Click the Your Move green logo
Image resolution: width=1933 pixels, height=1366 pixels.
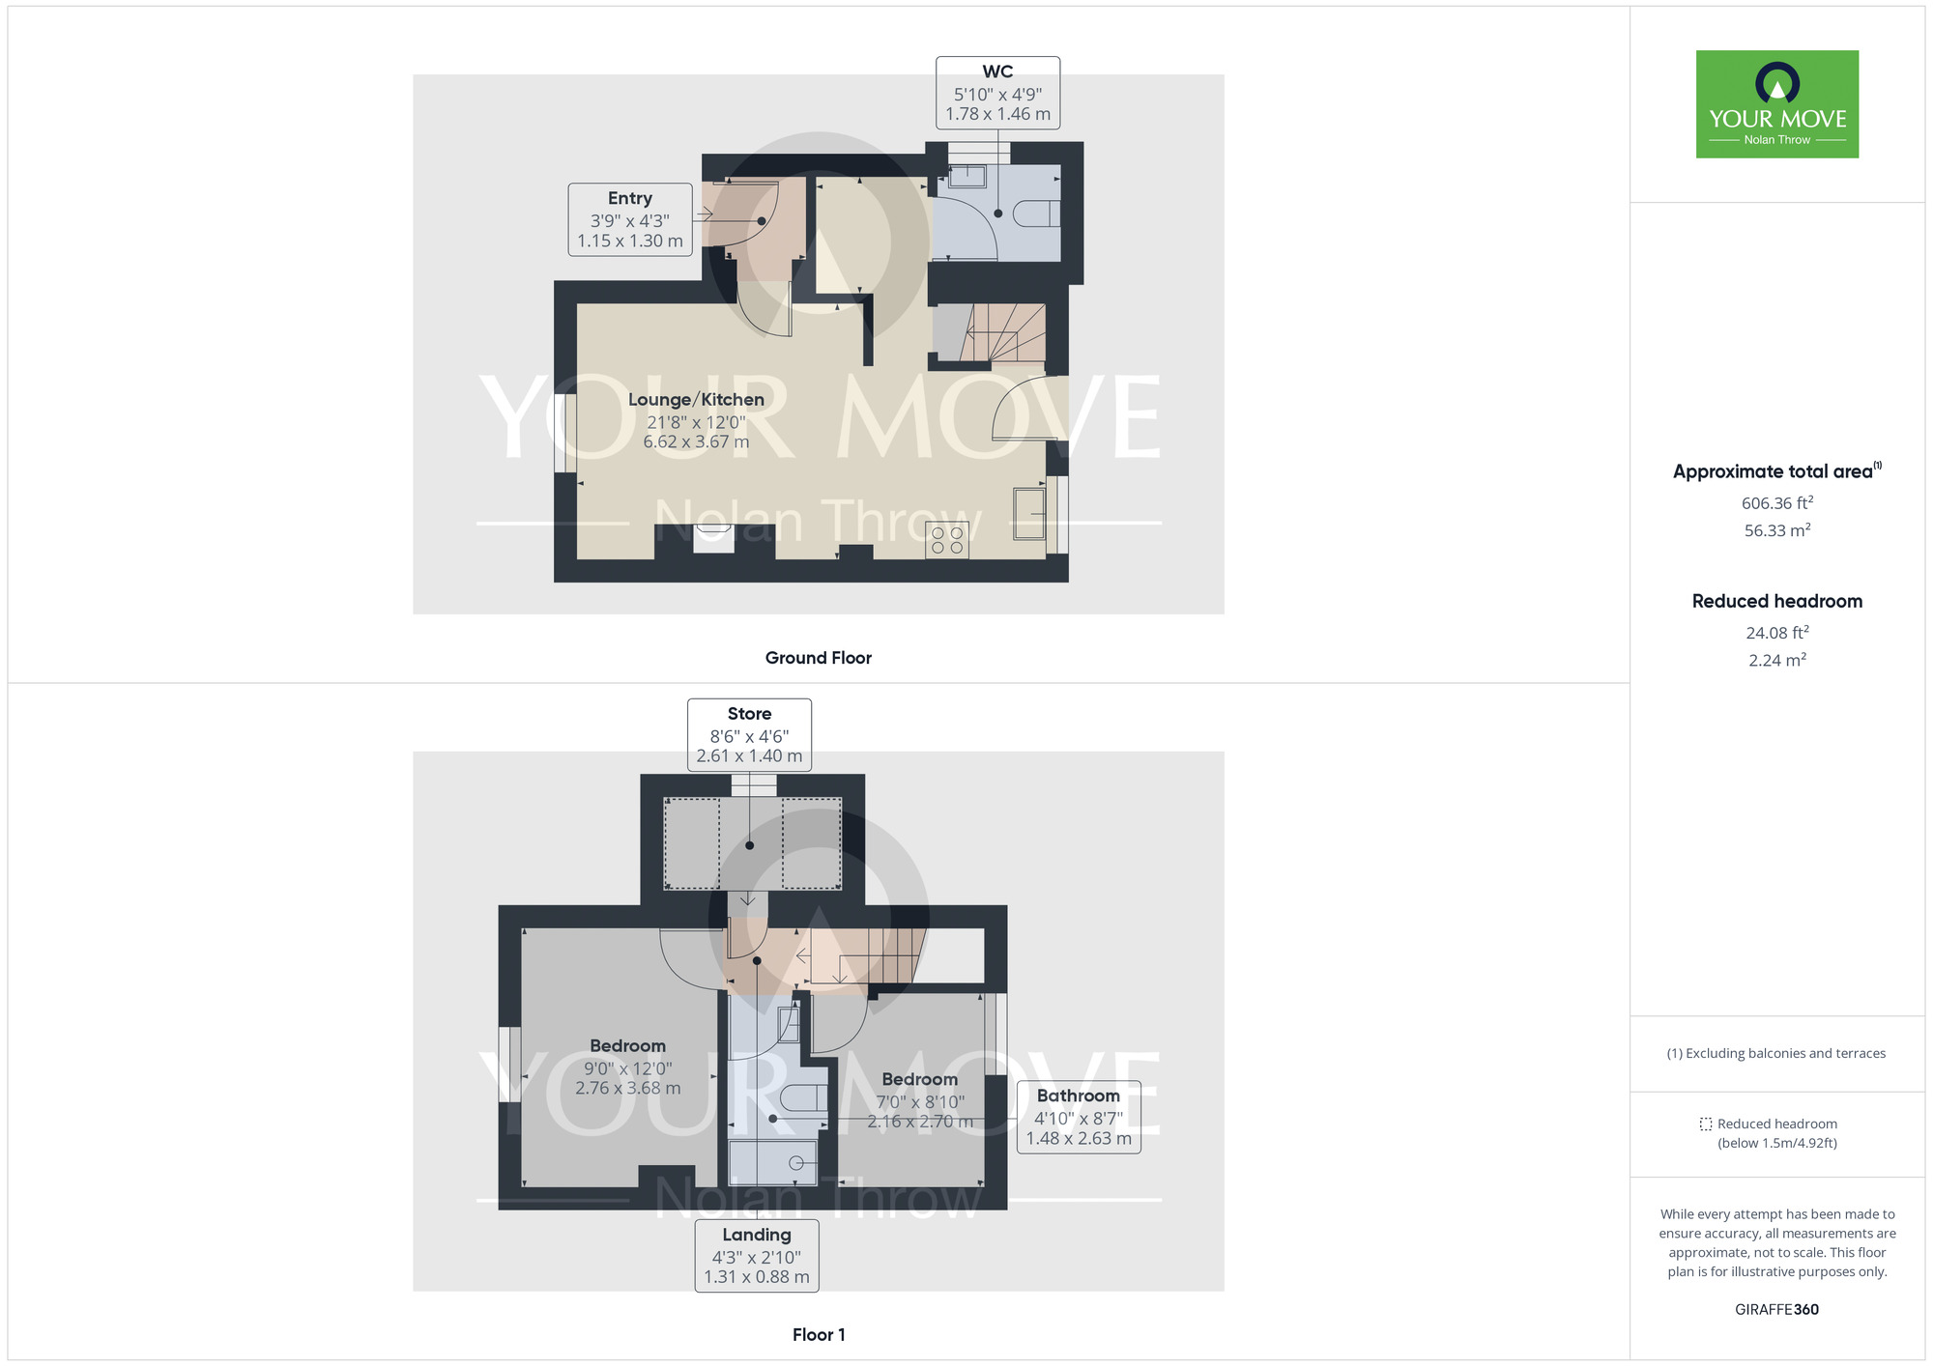1776,104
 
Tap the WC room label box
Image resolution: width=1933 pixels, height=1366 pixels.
997,93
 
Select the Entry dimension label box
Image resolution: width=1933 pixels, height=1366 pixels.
630,220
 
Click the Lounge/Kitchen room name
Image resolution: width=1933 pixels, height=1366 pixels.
696,400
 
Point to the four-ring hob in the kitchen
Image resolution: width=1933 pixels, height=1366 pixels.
947,540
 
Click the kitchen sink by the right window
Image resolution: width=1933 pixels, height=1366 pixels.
1029,513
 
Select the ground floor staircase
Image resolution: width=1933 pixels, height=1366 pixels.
1005,332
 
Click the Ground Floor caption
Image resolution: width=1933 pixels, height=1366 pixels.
818,658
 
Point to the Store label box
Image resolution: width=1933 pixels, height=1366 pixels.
749,735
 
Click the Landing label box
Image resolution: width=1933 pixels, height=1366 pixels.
757,1255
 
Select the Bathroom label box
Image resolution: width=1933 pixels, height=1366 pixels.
1079,1117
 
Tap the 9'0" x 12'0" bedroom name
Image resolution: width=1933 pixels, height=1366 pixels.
628,1046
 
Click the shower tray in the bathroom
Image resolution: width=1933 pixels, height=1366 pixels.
772,1162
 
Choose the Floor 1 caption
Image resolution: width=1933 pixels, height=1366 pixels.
818,1335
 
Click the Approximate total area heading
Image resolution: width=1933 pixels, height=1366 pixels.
1773,471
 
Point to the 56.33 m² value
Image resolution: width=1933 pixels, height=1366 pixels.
1776,530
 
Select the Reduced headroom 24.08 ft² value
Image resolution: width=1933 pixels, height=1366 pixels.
1776,633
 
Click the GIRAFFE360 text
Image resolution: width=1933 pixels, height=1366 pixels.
1776,1310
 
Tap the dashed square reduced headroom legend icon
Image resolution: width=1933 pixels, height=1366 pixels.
1706,1124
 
